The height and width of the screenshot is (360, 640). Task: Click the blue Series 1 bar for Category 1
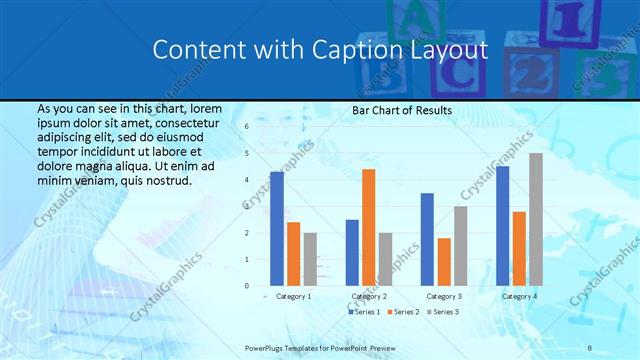277,228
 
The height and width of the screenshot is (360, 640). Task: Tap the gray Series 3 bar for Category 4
535,219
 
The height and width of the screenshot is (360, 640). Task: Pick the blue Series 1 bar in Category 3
427,239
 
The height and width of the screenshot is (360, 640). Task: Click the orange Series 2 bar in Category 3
444,261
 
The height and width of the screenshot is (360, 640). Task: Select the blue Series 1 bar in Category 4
502,225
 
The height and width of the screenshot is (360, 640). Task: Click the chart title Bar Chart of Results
402,110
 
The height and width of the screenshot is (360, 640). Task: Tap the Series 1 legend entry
364,313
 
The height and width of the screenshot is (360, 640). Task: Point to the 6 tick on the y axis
246,127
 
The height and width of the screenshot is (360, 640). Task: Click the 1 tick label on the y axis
246,259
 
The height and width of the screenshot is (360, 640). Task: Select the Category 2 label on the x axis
369,296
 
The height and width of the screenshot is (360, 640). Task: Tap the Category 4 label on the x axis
519,296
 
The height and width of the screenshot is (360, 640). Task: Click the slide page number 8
590,347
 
